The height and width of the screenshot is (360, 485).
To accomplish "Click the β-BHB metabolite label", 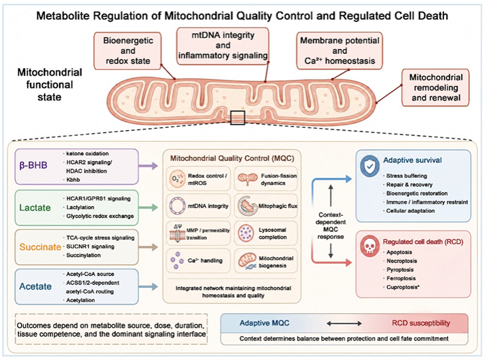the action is click(33, 165).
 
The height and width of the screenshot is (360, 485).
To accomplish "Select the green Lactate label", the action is click(35, 208).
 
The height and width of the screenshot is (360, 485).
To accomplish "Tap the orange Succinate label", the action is click(40, 247).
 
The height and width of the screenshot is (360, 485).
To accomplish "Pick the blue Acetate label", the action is click(35, 286).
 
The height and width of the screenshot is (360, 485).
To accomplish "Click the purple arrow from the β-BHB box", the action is click(148, 166).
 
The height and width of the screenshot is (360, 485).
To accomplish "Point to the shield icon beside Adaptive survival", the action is click(370, 167).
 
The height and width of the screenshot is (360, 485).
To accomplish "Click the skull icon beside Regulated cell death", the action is click(370, 246).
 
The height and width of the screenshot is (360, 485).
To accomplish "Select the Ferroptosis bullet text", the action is click(401, 279).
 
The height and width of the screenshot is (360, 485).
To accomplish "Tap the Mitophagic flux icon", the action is click(247, 206).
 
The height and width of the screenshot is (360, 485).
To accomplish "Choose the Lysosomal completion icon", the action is click(247, 233).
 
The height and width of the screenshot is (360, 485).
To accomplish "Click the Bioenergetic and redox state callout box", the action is click(128, 50).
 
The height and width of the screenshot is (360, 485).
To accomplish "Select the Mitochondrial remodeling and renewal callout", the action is click(436, 87).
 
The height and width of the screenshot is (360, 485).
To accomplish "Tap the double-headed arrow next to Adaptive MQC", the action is click(344, 324).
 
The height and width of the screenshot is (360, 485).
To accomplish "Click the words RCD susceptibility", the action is click(421, 323).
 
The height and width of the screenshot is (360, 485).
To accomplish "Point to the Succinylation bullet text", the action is click(84, 256).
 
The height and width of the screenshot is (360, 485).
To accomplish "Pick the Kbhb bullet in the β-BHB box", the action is click(73, 180).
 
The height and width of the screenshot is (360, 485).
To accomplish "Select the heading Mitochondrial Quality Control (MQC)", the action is click(232, 158).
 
